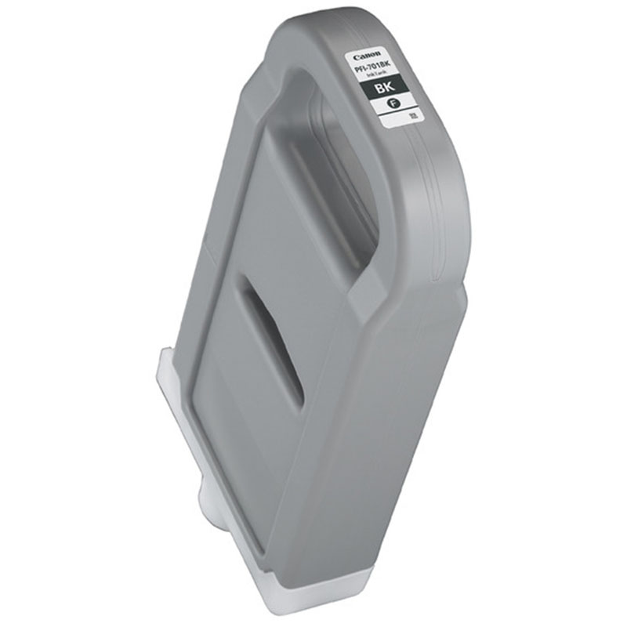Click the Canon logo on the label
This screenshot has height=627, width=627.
coord(367,56)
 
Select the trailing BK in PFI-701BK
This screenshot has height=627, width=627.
coord(386,65)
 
